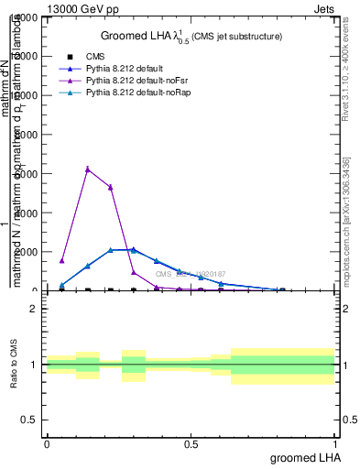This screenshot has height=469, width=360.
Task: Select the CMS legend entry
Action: [95, 56]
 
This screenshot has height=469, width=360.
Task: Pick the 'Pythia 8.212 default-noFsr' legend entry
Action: [145, 81]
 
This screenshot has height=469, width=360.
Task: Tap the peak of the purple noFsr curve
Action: [87, 169]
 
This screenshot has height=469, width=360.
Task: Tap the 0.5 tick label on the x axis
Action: [191, 444]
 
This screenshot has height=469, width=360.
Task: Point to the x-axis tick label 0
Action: [47, 444]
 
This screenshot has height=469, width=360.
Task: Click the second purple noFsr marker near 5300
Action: [111, 187]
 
